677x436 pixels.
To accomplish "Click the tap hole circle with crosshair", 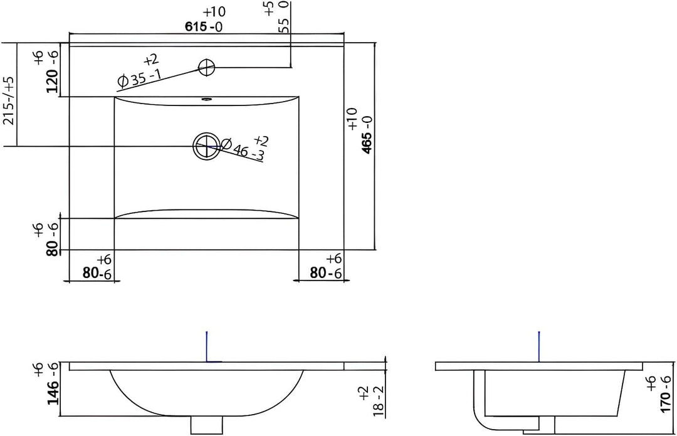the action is coord(206,67).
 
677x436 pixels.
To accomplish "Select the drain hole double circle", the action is coord(207,147).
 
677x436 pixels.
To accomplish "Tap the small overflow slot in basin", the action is coord(206,100).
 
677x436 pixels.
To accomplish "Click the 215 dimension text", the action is coord(9,100).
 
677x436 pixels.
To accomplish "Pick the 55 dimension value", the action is coord(284,26).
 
